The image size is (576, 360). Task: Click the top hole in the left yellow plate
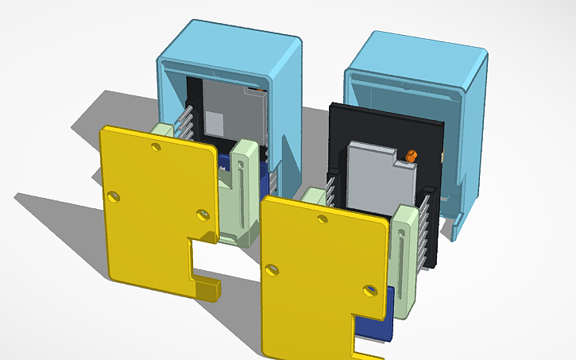156,147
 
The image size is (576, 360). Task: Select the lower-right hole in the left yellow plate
201,214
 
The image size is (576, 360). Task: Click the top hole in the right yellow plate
322,218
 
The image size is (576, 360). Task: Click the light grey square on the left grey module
215,122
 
